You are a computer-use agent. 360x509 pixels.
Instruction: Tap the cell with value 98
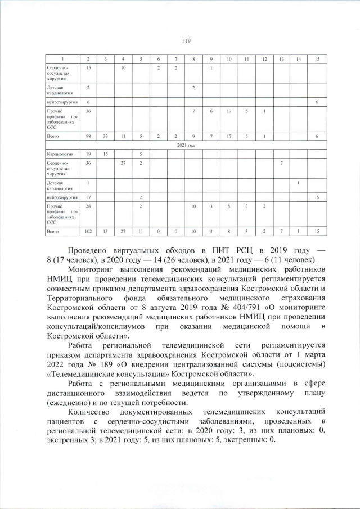pyautogui.click(x=88, y=137)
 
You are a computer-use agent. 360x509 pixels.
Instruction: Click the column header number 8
pyautogui.click(x=193, y=59)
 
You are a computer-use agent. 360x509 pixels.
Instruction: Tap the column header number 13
pyautogui.click(x=281, y=59)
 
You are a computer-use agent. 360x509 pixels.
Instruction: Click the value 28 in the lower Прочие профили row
pyautogui.click(x=88, y=207)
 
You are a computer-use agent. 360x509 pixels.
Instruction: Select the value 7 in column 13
pyautogui.click(x=281, y=163)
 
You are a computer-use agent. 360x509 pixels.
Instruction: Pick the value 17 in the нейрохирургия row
pyautogui.click(x=88, y=197)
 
